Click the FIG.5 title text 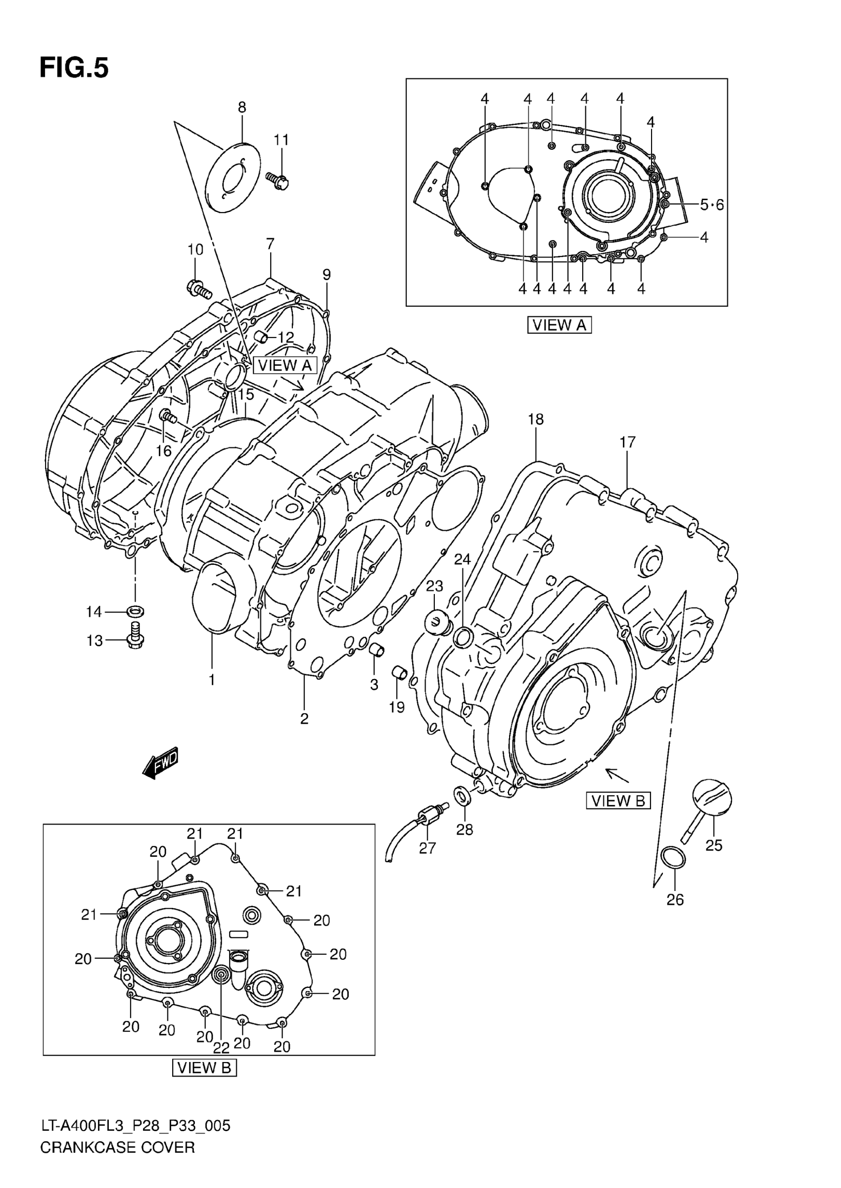[x=74, y=68]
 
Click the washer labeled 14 [x=135, y=611]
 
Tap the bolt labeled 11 [x=280, y=180]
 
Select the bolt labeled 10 [x=198, y=288]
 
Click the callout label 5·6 [x=711, y=205]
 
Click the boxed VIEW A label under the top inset [x=560, y=325]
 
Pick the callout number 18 [x=535, y=419]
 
